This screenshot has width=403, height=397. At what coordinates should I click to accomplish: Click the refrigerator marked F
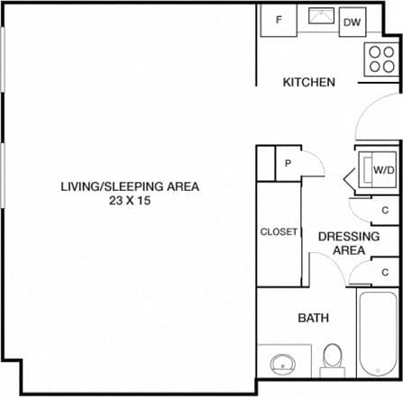(279, 20)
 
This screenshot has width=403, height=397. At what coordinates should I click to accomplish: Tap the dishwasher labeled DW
(353, 22)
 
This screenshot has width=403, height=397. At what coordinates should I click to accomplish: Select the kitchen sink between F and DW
(319, 17)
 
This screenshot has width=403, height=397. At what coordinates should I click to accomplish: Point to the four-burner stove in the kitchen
(381, 59)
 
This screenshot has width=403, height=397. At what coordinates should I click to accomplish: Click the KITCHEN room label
(309, 82)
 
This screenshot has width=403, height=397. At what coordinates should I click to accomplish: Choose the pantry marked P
(288, 163)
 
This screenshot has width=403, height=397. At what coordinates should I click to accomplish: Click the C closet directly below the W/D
(385, 210)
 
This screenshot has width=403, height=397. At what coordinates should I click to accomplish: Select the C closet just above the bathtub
(385, 271)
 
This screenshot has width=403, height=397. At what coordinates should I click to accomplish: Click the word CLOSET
(279, 231)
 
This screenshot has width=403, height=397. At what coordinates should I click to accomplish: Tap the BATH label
(313, 318)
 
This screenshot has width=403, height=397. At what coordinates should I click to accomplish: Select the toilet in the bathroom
(332, 357)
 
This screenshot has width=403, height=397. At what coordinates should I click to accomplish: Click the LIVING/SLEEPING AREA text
(129, 187)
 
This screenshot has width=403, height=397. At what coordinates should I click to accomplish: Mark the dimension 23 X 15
(129, 202)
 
